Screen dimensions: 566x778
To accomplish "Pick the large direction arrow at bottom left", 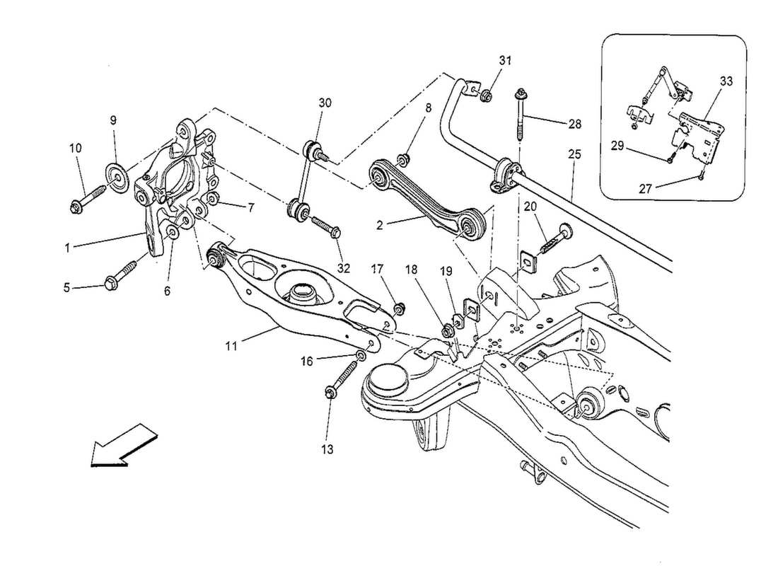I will [x=118, y=446].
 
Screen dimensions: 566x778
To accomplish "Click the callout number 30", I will [x=324, y=103].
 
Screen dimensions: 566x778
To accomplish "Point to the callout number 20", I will [x=530, y=207].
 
